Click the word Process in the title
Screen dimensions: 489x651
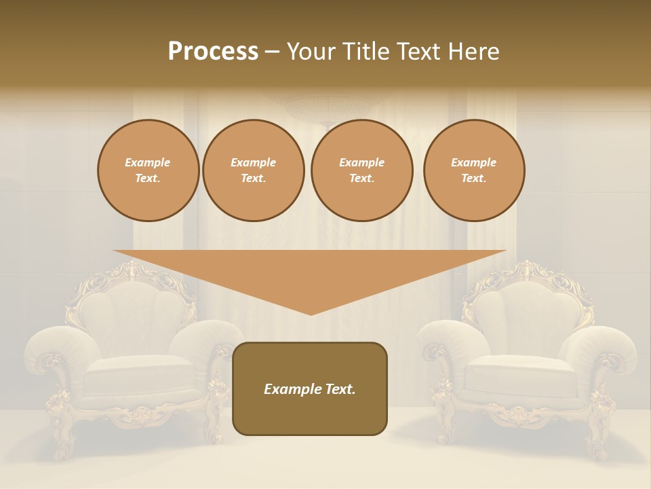(213, 52)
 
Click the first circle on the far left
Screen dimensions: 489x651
(149, 170)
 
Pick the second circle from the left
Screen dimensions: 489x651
(254, 170)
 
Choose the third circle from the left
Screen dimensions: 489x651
(362, 170)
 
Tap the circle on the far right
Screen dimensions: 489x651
(474, 170)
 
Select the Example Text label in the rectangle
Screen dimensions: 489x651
(310, 389)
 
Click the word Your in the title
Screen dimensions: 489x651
(311, 52)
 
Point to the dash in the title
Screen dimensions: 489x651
(272, 52)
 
